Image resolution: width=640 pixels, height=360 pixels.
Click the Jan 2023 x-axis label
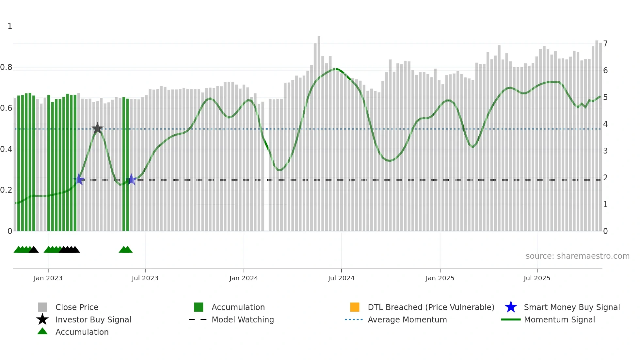pyautogui.click(x=48, y=278)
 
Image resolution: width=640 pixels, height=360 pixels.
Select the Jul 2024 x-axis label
pyautogui.click(x=341, y=278)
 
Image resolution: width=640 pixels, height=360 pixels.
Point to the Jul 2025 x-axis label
pyautogui.click(x=537, y=278)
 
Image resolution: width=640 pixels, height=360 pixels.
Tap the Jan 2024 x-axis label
pyautogui.click(x=244, y=278)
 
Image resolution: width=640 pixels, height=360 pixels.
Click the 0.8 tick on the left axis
pyautogui.click(x=6, y=67)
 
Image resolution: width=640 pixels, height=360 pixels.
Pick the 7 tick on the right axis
pyautogui.click(x=605, y=44)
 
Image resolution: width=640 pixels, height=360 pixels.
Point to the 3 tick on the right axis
pyautogui.click(x=605, y=151)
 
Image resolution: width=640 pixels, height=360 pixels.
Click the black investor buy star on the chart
pyautogui.click(x=97, y=128)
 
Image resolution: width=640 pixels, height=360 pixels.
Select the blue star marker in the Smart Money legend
pyautogui.click(x=511, y=307)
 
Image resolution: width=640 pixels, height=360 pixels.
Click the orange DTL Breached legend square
pyautogui.click(x=355, y=307)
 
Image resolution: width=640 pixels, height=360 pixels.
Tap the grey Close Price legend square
pyautogui.click(x=42, y=307)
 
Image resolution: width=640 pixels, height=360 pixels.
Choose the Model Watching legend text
pyautogui.click(x=243, y=319)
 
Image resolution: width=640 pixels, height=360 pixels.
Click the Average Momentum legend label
pyautogui.click(x=407, y=319)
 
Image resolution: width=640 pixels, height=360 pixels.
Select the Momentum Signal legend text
pyautogui.click(x=559, y=319)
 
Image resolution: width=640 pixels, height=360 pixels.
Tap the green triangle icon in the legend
pyautogui.click(x=42, y=331)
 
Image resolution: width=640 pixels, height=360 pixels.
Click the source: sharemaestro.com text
pyautogui.click(x=577, y=256)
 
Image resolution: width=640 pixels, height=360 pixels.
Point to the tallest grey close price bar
pyautogui.click(x=319, y=131)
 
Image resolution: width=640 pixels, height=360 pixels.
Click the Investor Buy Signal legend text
pyautogui.click(x=93, y=319)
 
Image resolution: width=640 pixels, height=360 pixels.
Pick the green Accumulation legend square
pyautogui.click(x=199, y=307)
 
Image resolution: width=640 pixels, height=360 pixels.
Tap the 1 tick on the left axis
pyautogui.click(x=10, y=26)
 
